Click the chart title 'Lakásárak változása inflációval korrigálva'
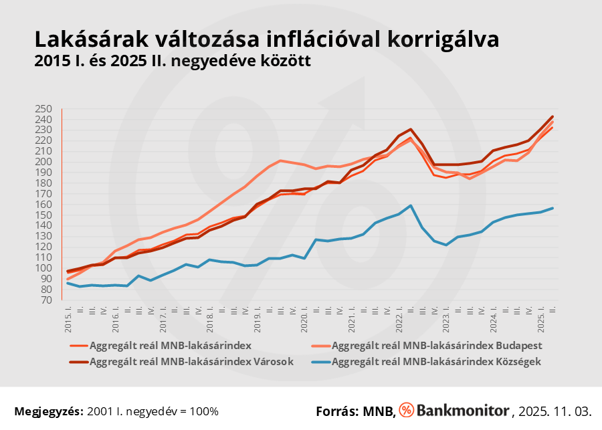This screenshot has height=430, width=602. click(266, 39)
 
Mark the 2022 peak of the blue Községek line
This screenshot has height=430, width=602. click(411, 205)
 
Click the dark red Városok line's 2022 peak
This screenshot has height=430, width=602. click(411, 129)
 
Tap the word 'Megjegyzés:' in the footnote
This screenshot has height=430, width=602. click(48, 411)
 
